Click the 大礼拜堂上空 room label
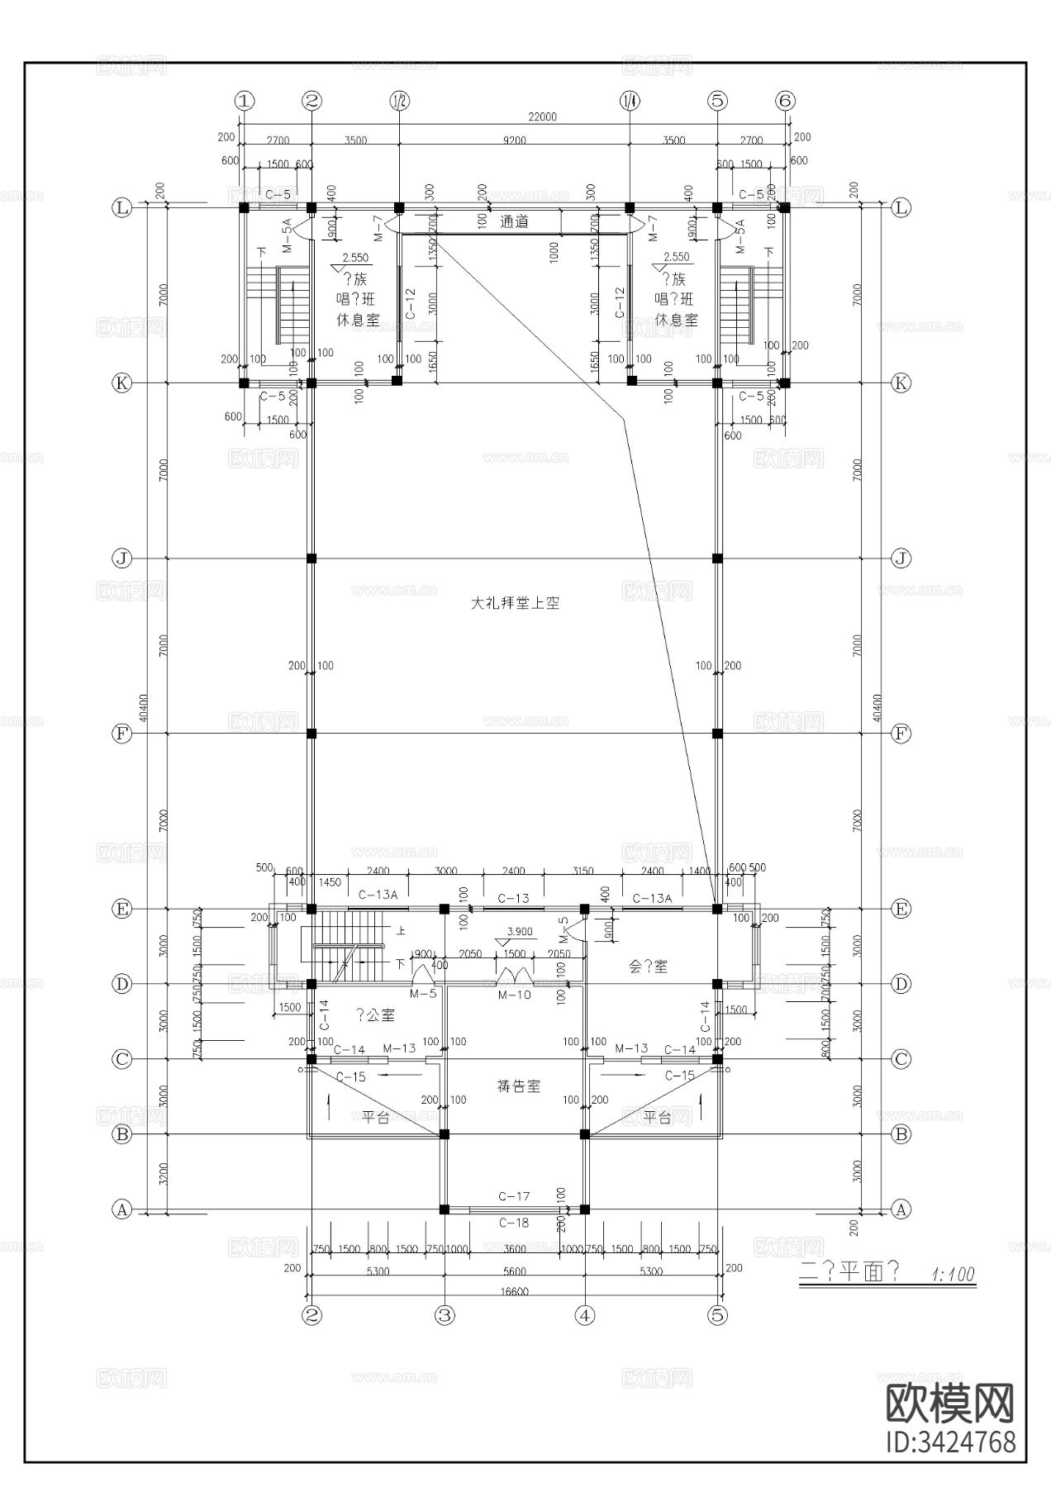pos(515,604)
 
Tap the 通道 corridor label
pos(514,222)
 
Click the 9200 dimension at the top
pos(514,140)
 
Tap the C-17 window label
pos(514,1196)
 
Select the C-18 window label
pos(514,1223)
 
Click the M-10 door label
pos(514,995)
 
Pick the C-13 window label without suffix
pos(513,899)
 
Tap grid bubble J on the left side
pos(121,558)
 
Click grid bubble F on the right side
pos(901,733)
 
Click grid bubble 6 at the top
pos(785,101)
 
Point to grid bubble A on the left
pos(121,1209)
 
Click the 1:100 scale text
pos(953,1274)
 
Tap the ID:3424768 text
pos(950,1443)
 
